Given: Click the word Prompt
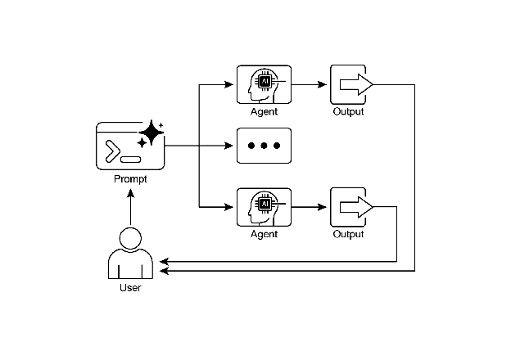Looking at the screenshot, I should (130, 178).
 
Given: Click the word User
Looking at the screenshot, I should (130, 288).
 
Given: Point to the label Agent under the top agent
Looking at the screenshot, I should (264, 111).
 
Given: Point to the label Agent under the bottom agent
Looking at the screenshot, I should (264, 235).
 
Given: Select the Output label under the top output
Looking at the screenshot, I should (348, 111).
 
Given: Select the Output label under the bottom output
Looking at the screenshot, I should (348, 235).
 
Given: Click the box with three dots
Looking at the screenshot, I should (264, 146).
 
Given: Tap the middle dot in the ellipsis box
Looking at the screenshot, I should (264, 146).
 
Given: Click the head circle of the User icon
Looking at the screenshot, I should (129, 239).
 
